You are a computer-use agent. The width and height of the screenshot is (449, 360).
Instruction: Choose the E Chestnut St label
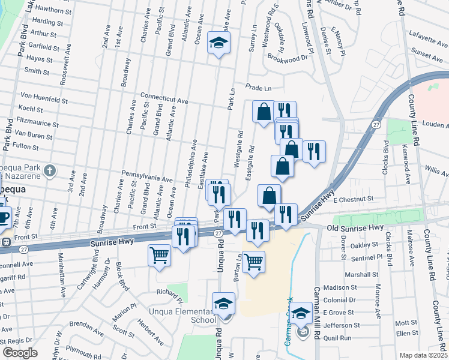pos(354,199)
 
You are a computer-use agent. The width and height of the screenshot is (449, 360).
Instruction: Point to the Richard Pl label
pos(170,293)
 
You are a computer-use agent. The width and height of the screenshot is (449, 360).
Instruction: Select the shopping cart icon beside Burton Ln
pos(254,261)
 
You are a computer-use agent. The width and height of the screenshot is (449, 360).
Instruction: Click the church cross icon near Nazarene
pos(53,170)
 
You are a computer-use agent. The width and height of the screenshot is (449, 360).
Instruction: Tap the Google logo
pos(20,353)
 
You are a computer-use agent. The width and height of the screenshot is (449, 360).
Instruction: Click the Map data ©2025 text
pos(424,355)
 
